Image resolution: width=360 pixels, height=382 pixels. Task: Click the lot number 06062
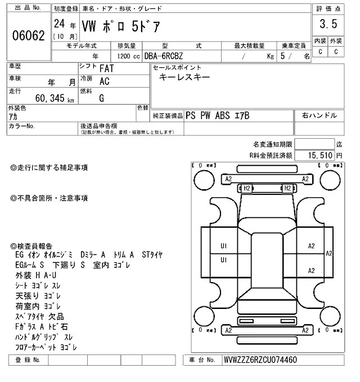coord(28,36)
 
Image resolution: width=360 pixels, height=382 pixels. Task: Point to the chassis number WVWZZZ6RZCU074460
coord(260,360)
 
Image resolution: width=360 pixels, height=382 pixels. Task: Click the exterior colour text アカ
coord(14,117)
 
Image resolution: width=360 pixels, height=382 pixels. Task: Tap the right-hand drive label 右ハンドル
coord(319,116)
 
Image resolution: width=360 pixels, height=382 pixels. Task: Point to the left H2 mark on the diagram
coord(246,188)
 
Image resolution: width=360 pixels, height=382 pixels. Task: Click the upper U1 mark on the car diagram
coord(223,245)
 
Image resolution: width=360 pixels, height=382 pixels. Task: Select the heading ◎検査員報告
coord(32,246)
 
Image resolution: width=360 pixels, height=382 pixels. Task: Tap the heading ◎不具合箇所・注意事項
coord(49,198)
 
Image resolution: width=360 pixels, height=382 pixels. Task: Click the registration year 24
coord(58,24)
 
